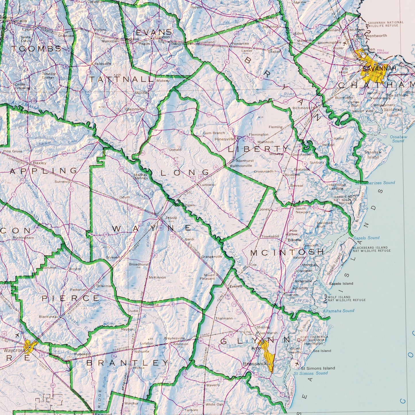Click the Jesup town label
pyautogui.click(x=171, y=217)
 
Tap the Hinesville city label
pyautogui.click(x=225, y=139)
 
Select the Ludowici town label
pyautogui.click(x=208, y=185)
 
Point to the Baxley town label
pyautogui.click(x=40, y=163)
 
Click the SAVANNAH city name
pyautogui.click(x=379, y=68)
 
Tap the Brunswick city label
pyautogui.click(x=255, y=364)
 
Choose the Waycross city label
pyautogui.click(x=14, y=350)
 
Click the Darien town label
pyautogui.click(x=292, y=295)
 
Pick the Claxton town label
pyautogui.click(x=162, y=37)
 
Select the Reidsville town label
pyautogui.click(x=103, y=64)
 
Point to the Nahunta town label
pyautogui.click(x=142, y=351)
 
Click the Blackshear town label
pyautogui.click(x=49, y=317)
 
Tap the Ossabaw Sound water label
pyautogui.click(x=398, y=139)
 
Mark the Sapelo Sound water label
pyautogui.click(x=366, y=238)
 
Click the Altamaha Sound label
pyautogui.click(x=338, y=311)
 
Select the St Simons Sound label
pyautogui.click(x=310, y=373)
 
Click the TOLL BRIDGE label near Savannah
pyautogui.click(x=383, y=51)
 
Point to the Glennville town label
pyautogui.click(x=135, y=109)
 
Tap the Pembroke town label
pyautogui.click(x=240, y=44)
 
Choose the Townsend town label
pyautogui.click(x=270, y=236)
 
